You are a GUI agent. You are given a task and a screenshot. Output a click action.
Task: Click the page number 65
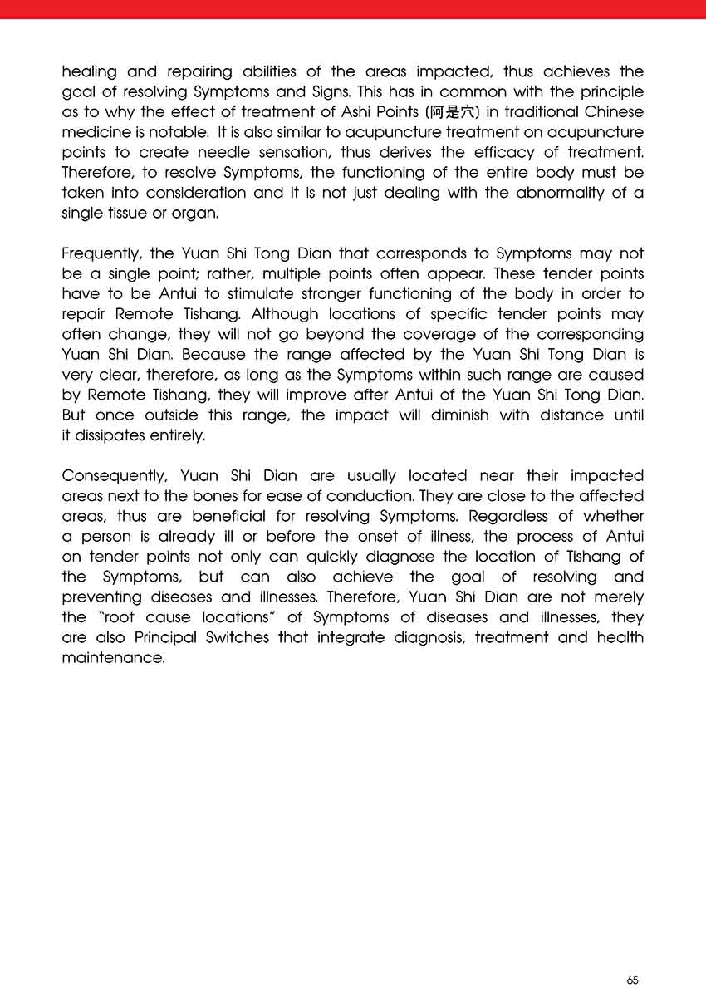click(633, 980)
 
